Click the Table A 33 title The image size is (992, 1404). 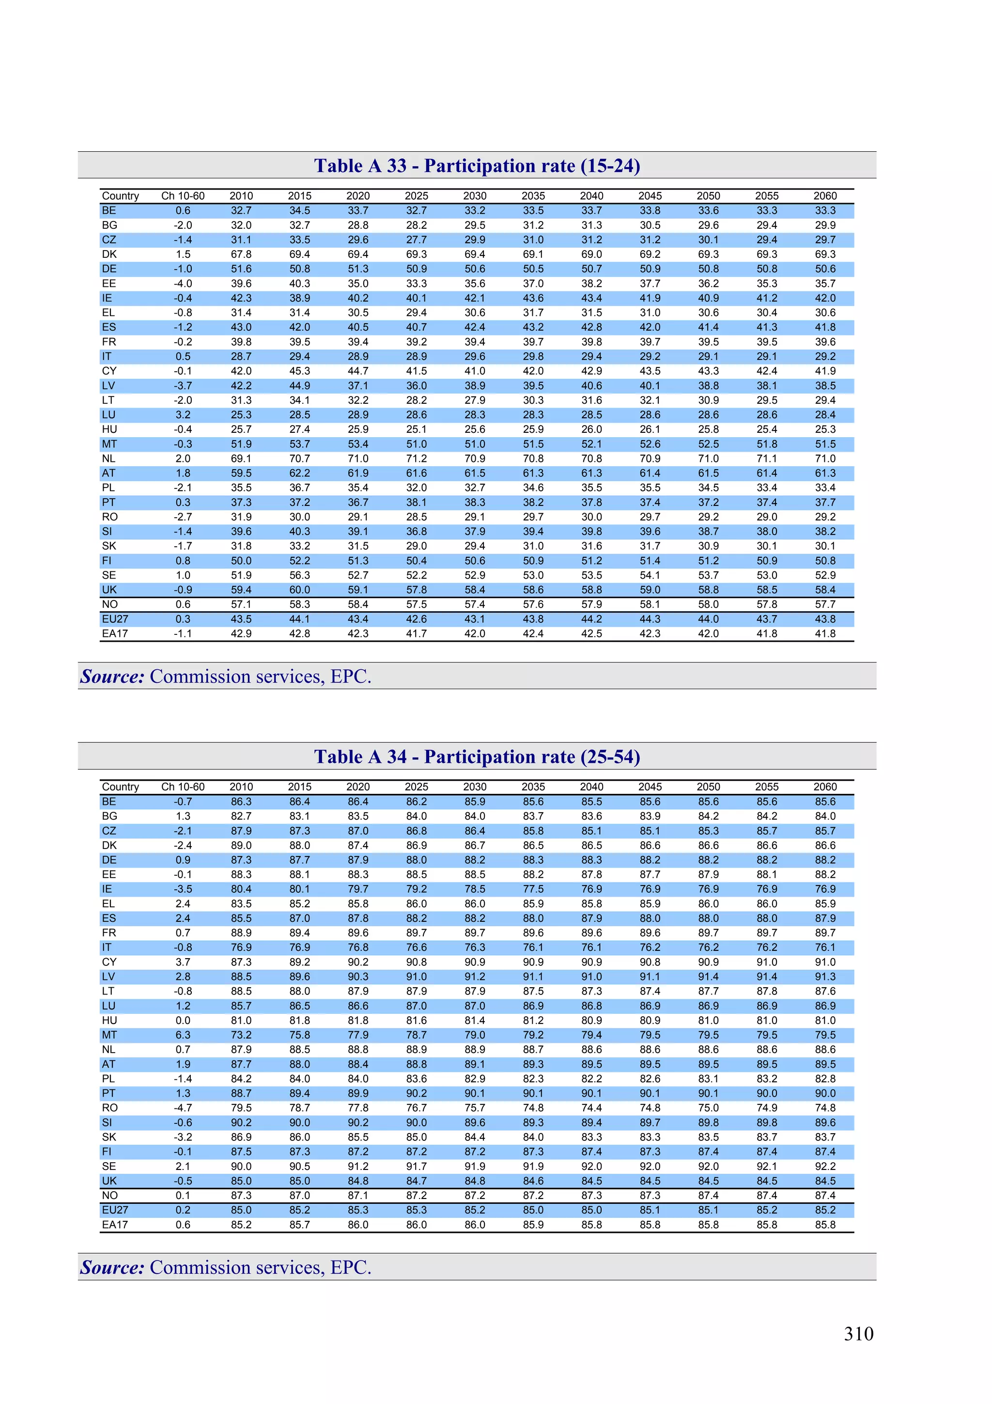click(x=477, y=166)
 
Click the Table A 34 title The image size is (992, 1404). click(x=477, y=757)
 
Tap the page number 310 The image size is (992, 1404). click(x=858, y=1334)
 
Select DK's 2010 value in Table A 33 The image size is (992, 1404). click(x=241, y=254)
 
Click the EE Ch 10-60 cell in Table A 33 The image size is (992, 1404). click(x=183, y=284)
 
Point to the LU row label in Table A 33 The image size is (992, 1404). click(x=108, y=414)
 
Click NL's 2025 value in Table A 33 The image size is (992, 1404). click(x=416, y=458)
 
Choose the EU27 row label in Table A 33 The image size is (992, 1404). click(x=115, y=619)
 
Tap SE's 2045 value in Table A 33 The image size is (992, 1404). click(x=650, y=575)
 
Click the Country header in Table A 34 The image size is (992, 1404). click(x=121, y=787)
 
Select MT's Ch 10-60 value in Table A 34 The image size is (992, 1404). click(x=183, y=1035)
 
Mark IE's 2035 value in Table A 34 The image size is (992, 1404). click(x=533, y=889)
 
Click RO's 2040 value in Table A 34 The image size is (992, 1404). click(x=591, y=1107)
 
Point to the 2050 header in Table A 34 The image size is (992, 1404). click(x=708, y=787)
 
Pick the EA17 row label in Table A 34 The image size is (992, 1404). click(x=115, y=1224)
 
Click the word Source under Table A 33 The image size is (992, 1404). click(x=112, y=677)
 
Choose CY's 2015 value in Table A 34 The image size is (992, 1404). click(x=299, y=962)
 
